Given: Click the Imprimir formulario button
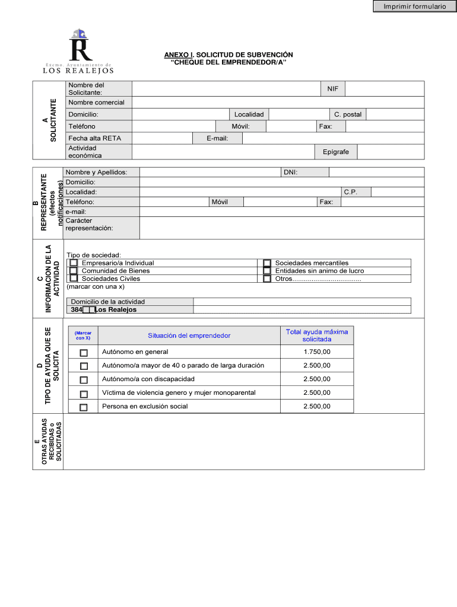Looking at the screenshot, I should point(414,7).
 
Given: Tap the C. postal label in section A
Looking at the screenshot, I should point(347,114).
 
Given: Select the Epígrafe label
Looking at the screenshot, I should point(336,152).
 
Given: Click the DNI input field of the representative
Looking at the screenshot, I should point(376,172).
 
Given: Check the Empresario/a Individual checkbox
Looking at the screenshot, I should point(74,263).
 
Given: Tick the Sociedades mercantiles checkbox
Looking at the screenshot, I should point(267,263).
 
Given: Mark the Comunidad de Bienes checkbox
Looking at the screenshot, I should point(74,271).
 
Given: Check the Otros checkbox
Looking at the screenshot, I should point(267,279).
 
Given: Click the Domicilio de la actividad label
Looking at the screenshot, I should point(107,302).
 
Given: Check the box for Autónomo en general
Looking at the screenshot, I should point(84,352).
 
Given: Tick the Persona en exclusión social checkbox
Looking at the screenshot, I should point(84,407).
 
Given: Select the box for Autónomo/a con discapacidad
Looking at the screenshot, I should point(84,379).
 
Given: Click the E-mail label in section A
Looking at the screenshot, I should point(217,138).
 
